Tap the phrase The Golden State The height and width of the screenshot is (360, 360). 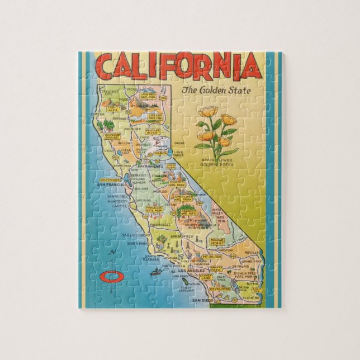[x=216, y=91]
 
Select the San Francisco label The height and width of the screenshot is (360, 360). [x=110, y=184]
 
